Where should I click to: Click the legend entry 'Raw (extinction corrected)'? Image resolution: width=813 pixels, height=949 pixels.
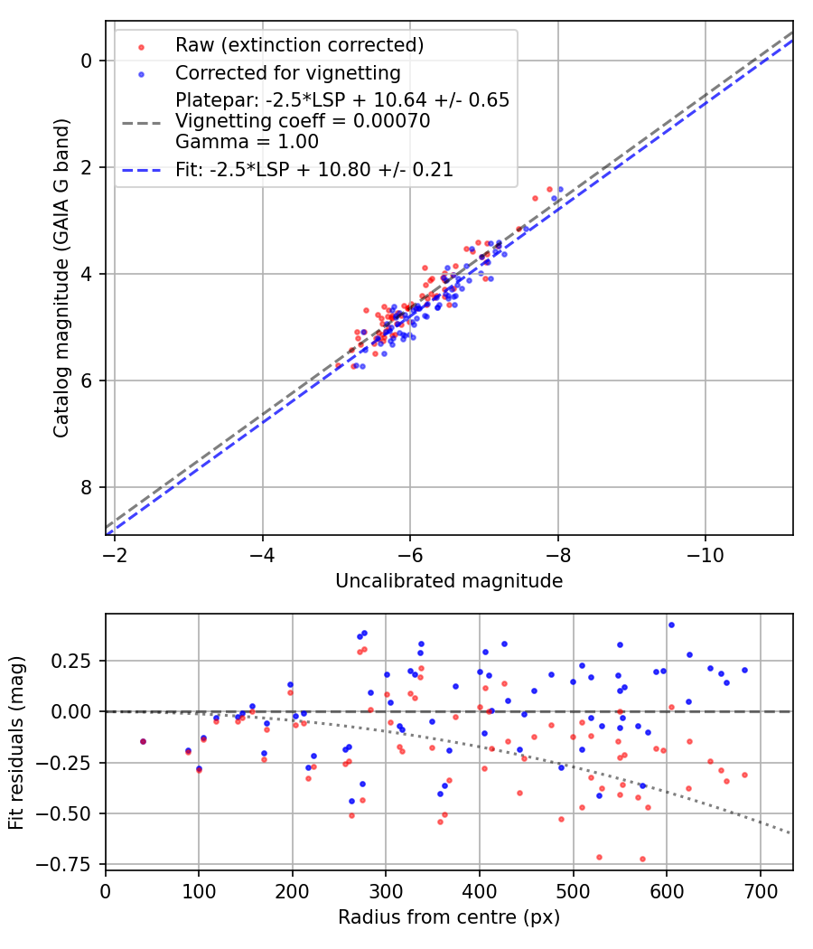pyautogui.click(x=299, y=45)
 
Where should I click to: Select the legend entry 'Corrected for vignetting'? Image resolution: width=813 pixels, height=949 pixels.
pyautogui.click(x=287, y=73)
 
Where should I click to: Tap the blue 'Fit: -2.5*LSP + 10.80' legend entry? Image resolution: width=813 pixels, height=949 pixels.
pyautogui.click(x=314, y=169)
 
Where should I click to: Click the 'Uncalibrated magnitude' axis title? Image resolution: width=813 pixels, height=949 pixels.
pyautogui.click(x=449, y=581)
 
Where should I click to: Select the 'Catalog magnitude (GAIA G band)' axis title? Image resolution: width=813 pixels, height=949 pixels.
pyautogui.click(x=61, y=277)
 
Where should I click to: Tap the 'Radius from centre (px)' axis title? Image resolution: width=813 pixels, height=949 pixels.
pyautogui.click(x=449, y=917)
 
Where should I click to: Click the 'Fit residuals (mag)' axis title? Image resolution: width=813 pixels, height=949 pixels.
pyautogui.click(x=16, y=742)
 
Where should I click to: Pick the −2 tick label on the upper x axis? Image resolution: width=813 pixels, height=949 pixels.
pyautogui.click(x=115, y=555)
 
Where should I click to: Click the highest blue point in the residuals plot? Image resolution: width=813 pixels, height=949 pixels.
pyautogui.click(x=671, y=625)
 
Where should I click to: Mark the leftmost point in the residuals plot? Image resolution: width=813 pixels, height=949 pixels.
pyautogui.click(x=143, y=741)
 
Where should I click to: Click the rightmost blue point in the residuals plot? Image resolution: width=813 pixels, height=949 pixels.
pyautogui.click(x=744, y=670)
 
